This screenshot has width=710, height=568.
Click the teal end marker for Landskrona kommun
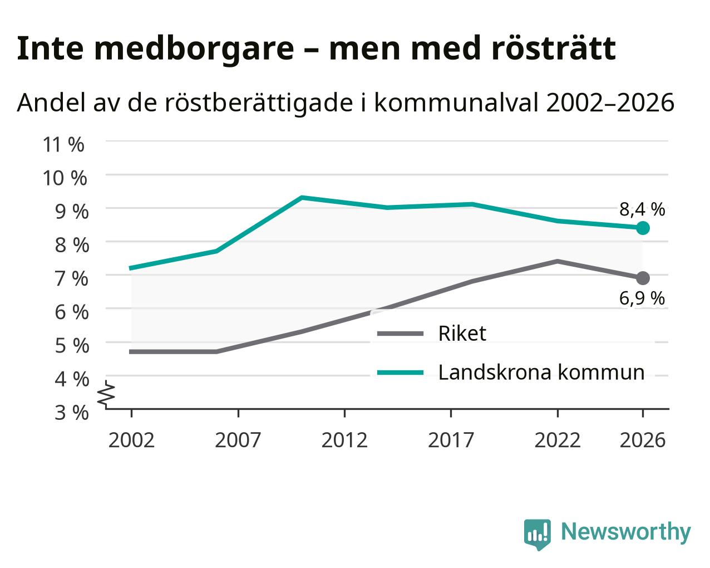click(643, 228)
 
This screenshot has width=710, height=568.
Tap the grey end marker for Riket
click(643, 278)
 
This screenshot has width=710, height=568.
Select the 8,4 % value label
click(642, 209)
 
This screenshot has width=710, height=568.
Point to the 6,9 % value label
click(642, 298)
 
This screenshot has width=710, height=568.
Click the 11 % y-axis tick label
click(63, 145)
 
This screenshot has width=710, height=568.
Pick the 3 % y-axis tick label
click(72, 413)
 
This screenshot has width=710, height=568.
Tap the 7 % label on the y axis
click(72, 278)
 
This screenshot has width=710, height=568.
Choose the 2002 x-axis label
click(131, 440)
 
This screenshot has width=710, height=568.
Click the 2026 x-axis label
click(643, 440)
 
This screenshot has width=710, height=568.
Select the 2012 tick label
click(344, 440)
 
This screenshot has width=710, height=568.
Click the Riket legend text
click(462, 334)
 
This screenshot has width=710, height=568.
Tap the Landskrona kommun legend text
click(541, 373)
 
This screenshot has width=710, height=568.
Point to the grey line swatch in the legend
click(400, 334)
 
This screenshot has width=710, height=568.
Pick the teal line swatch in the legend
click(400, 373)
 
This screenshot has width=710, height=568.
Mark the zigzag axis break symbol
click(106, 394)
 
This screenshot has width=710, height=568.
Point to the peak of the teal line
click(302, 197)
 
